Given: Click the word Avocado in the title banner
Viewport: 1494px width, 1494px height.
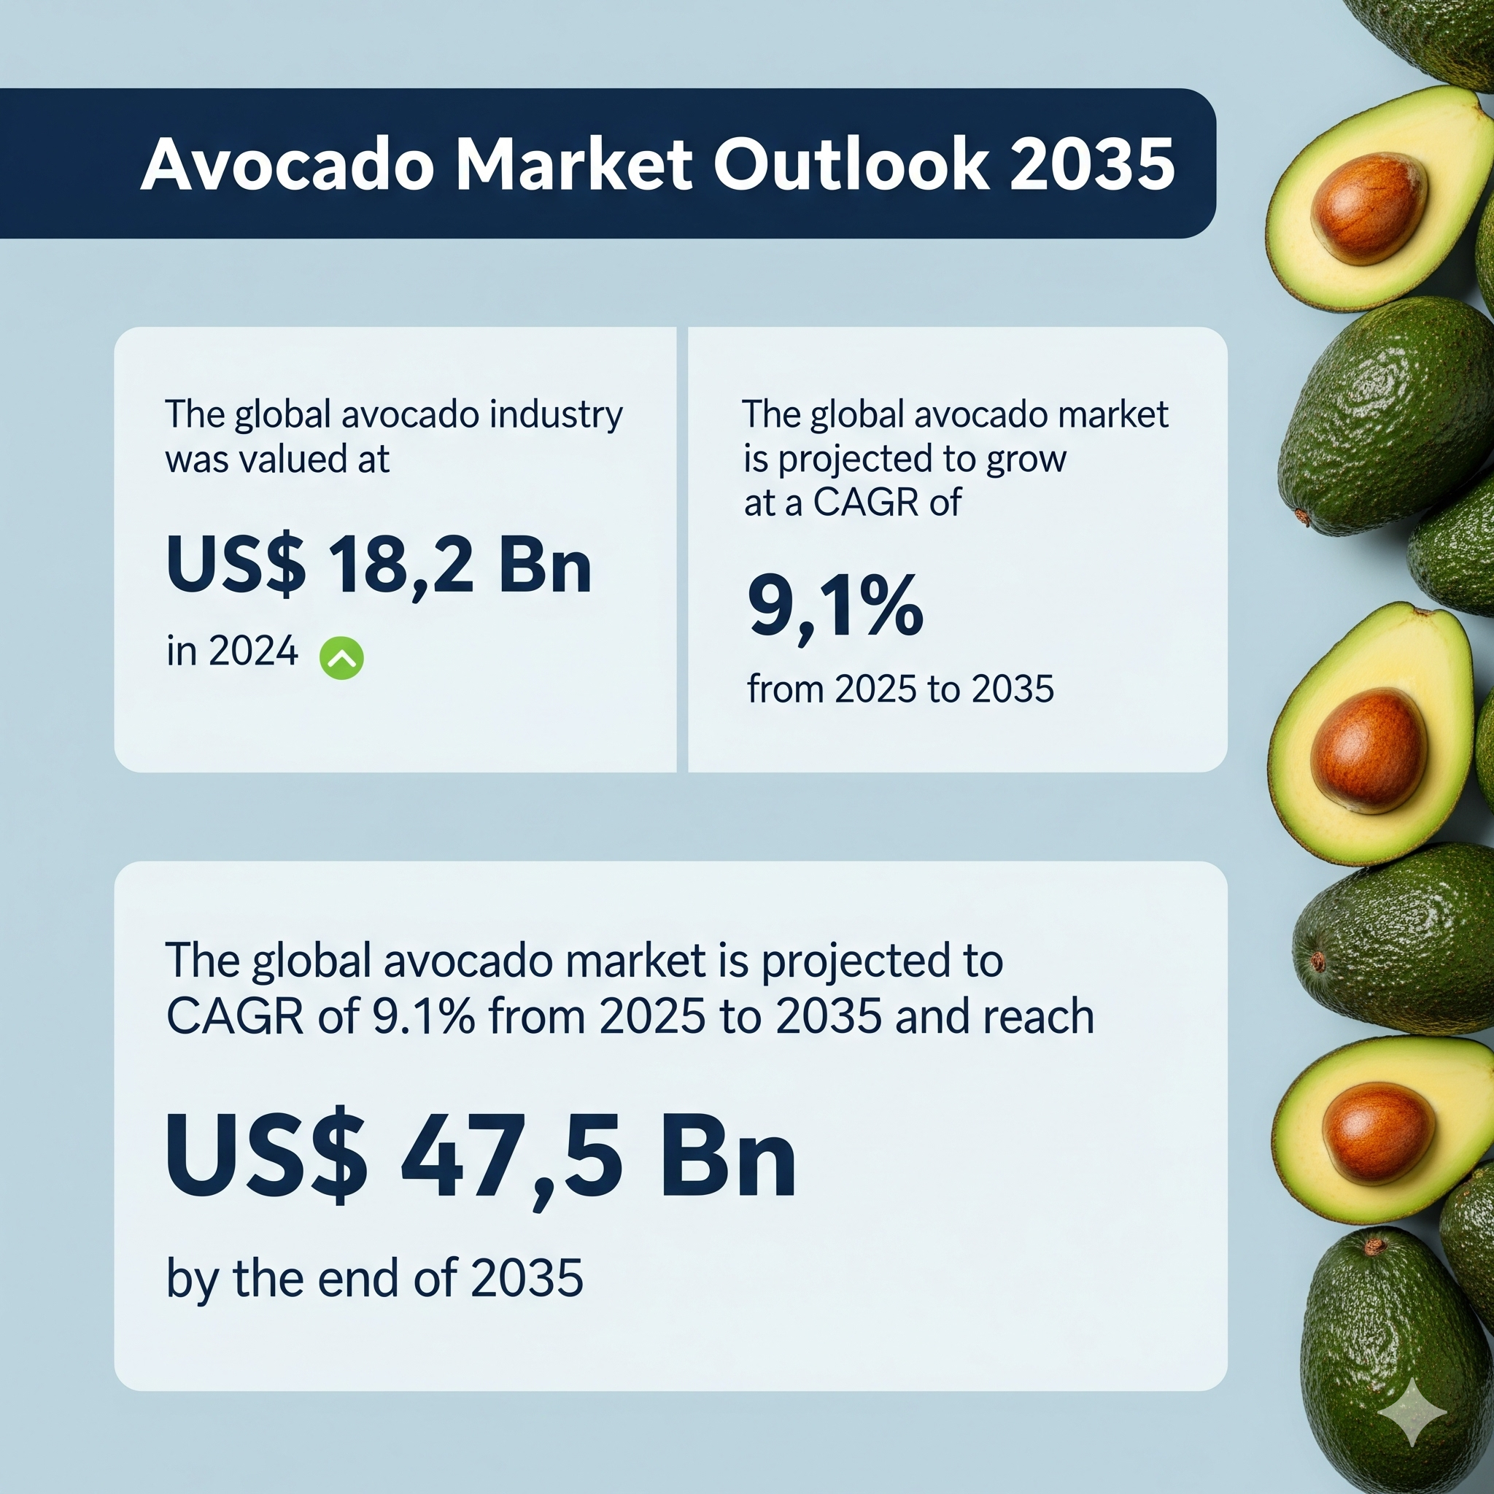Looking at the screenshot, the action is pos(287,164).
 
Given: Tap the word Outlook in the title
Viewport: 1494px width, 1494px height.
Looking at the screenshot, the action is pos(851,164).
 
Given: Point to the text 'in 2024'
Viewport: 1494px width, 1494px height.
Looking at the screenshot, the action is pos(232,651).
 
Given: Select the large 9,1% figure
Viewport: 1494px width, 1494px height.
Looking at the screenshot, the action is pos(835,607).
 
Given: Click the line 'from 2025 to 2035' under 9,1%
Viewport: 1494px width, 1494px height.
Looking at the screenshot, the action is pos(900,688).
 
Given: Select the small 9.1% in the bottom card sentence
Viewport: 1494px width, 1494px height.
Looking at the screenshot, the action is pos(424,1018).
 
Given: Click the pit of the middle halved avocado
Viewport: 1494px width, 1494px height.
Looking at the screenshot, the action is pos(1369,750).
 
